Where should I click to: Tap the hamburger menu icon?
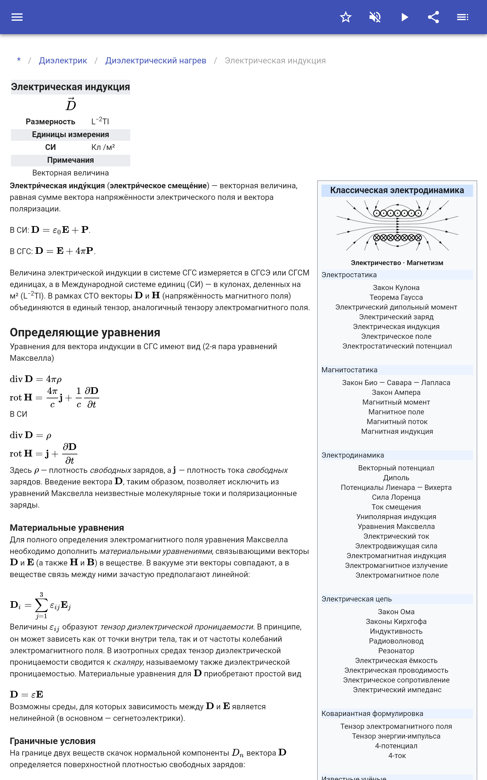(x=17, y=17)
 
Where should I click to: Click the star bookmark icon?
(x=345, y=17)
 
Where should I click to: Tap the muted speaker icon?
(x=375, y=17)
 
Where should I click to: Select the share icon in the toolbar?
(x=433, y=17)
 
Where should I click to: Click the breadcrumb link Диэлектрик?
(x=63, y=61)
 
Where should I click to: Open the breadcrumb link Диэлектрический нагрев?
(x=156, y=61)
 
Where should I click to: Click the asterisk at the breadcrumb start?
(x=19, y=60)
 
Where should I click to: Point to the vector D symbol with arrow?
(x=71, y=105)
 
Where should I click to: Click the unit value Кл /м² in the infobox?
(x=103, y=147)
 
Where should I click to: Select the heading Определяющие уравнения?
(x=85, y=332)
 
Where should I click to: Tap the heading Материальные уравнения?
(x=67, y=528)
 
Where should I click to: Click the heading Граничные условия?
(x=52, y=741)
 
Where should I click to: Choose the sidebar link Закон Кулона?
(x=396, y=288)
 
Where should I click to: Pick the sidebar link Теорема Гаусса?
(x=396, y=297)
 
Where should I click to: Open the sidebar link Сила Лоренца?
(x=396, y=497)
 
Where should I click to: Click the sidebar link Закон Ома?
(x=396, y=612)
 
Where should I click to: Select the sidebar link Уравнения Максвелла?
(x=396, y=526)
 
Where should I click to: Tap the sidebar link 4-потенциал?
(x=396, y=746)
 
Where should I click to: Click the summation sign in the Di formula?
(x=41, y=605)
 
